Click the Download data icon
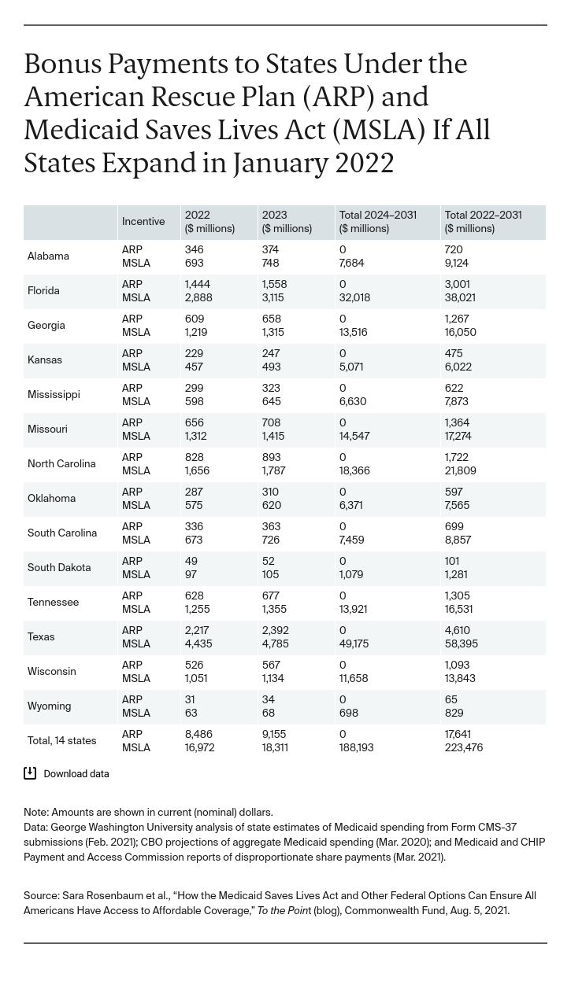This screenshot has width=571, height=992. pos(30,773)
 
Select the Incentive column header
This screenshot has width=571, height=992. pos(143,222)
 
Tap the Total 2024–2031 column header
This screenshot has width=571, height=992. pos(377,222)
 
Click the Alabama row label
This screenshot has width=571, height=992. pos(48,256)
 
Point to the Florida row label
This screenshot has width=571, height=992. pos(43,291)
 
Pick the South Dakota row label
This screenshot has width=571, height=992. pos(59,568)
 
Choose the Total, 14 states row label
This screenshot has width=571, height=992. pos(61,741)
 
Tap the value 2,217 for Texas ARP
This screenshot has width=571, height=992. pos(198,631)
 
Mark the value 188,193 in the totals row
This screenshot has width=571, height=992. pos(355,748)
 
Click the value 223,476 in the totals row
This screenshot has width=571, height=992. pos(464,748)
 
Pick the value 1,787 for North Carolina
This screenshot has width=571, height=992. pos(274,471)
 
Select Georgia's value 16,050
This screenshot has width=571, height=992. pos(461,333)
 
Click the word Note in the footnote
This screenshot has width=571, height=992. pos(35,813)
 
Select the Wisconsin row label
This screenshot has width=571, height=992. pos(52,672)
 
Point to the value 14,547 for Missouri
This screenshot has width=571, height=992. pos(354,437)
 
